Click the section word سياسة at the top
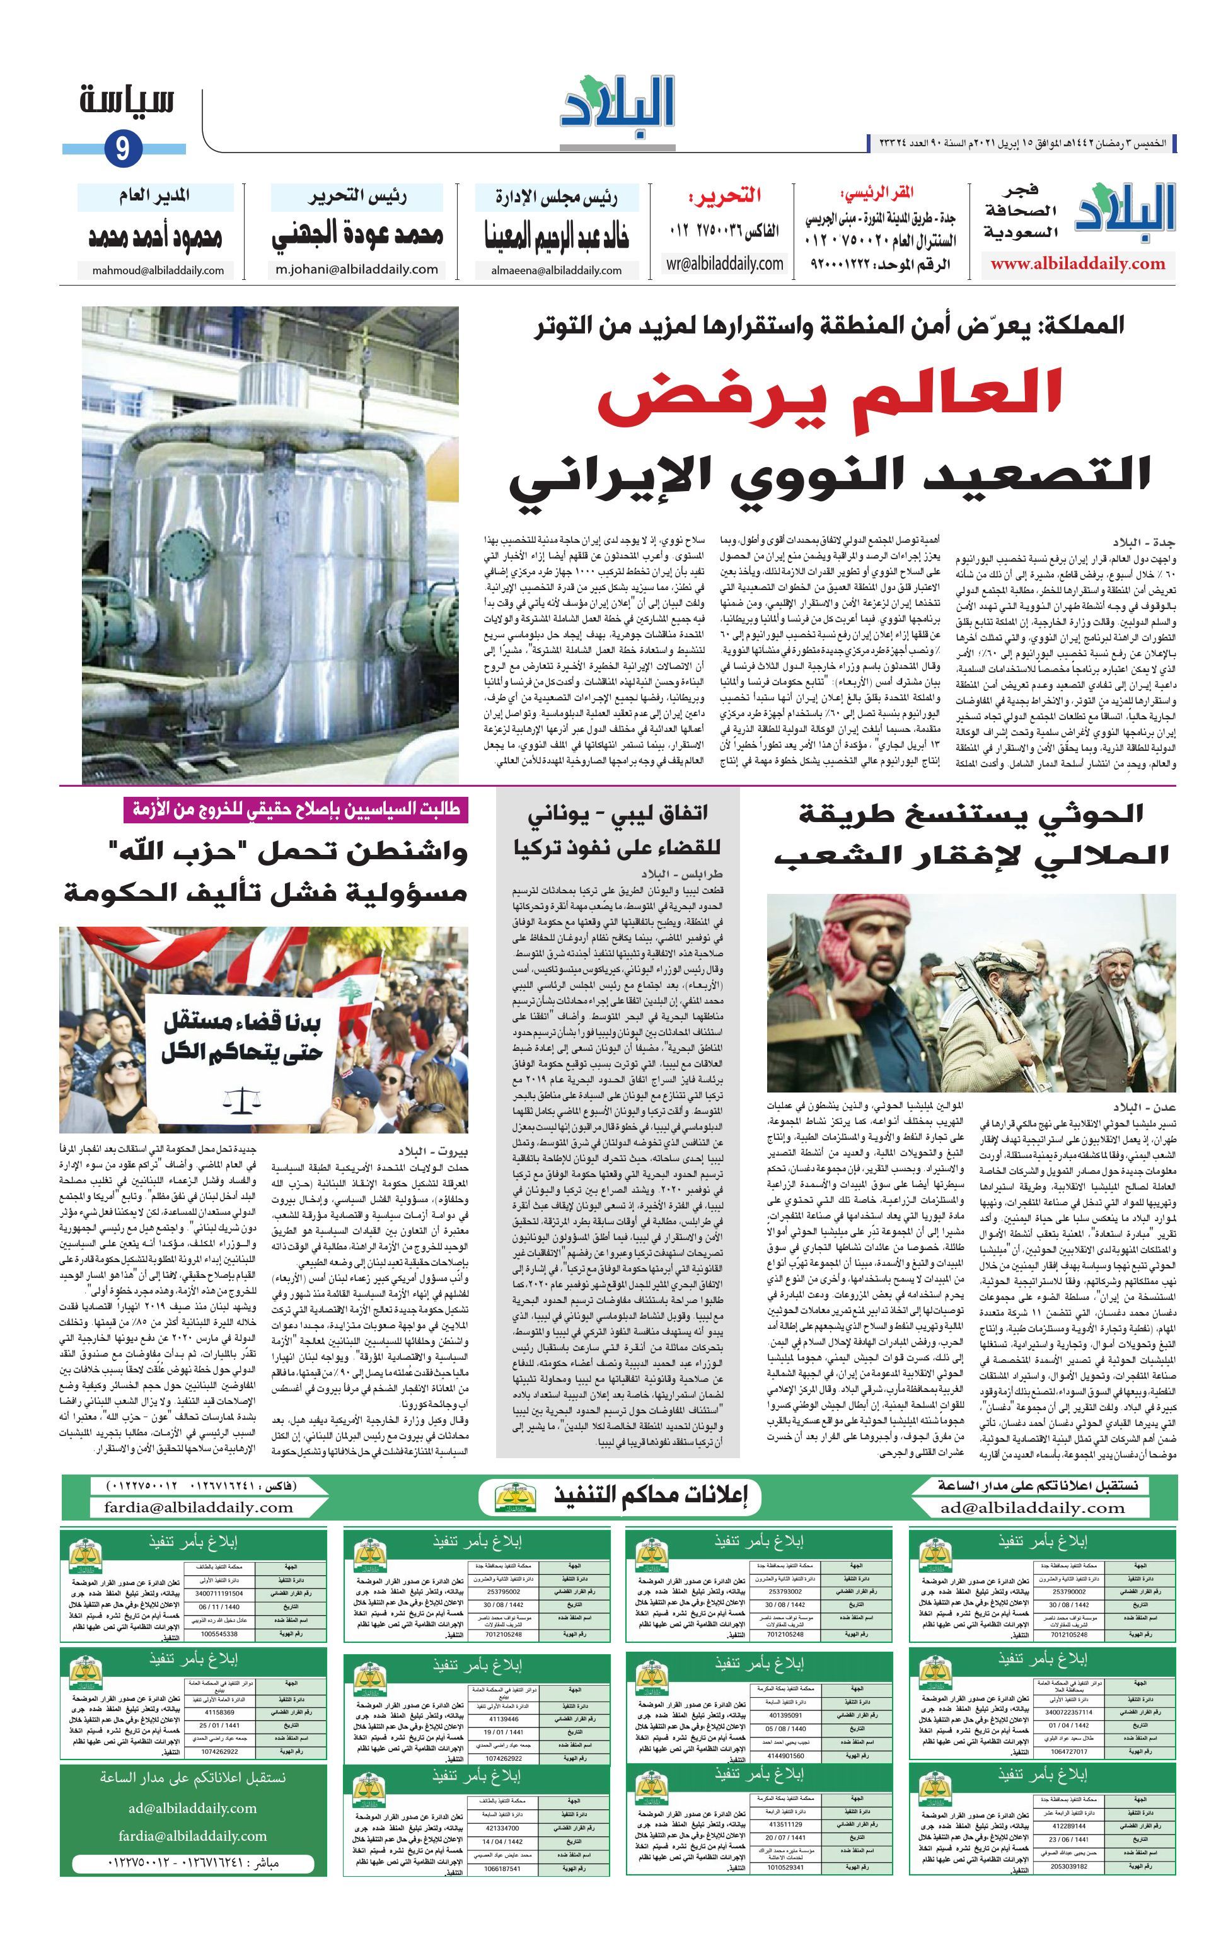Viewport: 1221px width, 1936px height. coord(127,103)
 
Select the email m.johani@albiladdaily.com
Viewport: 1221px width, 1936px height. coord(356,269)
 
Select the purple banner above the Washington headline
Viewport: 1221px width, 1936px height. coord(295,809)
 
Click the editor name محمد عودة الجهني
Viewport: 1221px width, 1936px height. coord(357,236)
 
